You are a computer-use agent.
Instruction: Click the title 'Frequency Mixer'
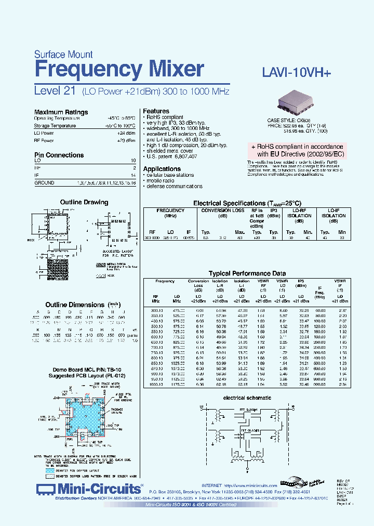click(118, 70)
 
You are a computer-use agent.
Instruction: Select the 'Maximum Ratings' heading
click(61, 112)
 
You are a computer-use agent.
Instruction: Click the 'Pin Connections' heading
click(59, 155)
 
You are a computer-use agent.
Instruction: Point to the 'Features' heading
click(156, 111)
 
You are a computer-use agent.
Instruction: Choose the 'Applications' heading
click(162, 169)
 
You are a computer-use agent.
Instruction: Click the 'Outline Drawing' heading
click(85, 202)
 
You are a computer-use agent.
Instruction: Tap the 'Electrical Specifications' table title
click(247, 203)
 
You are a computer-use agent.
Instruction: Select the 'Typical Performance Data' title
click(247, 273)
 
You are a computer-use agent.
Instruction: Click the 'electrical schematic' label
click(247, 398)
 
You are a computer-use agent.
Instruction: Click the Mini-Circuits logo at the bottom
click(90, 489)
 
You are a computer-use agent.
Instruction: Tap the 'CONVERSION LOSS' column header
click(222, 211)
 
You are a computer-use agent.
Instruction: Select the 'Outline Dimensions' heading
click(75, 305)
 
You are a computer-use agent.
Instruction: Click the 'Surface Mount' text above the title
click(63, 54)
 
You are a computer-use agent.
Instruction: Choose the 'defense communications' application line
click(173, 186)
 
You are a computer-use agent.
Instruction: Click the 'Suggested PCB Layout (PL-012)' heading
click(85, 375)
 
